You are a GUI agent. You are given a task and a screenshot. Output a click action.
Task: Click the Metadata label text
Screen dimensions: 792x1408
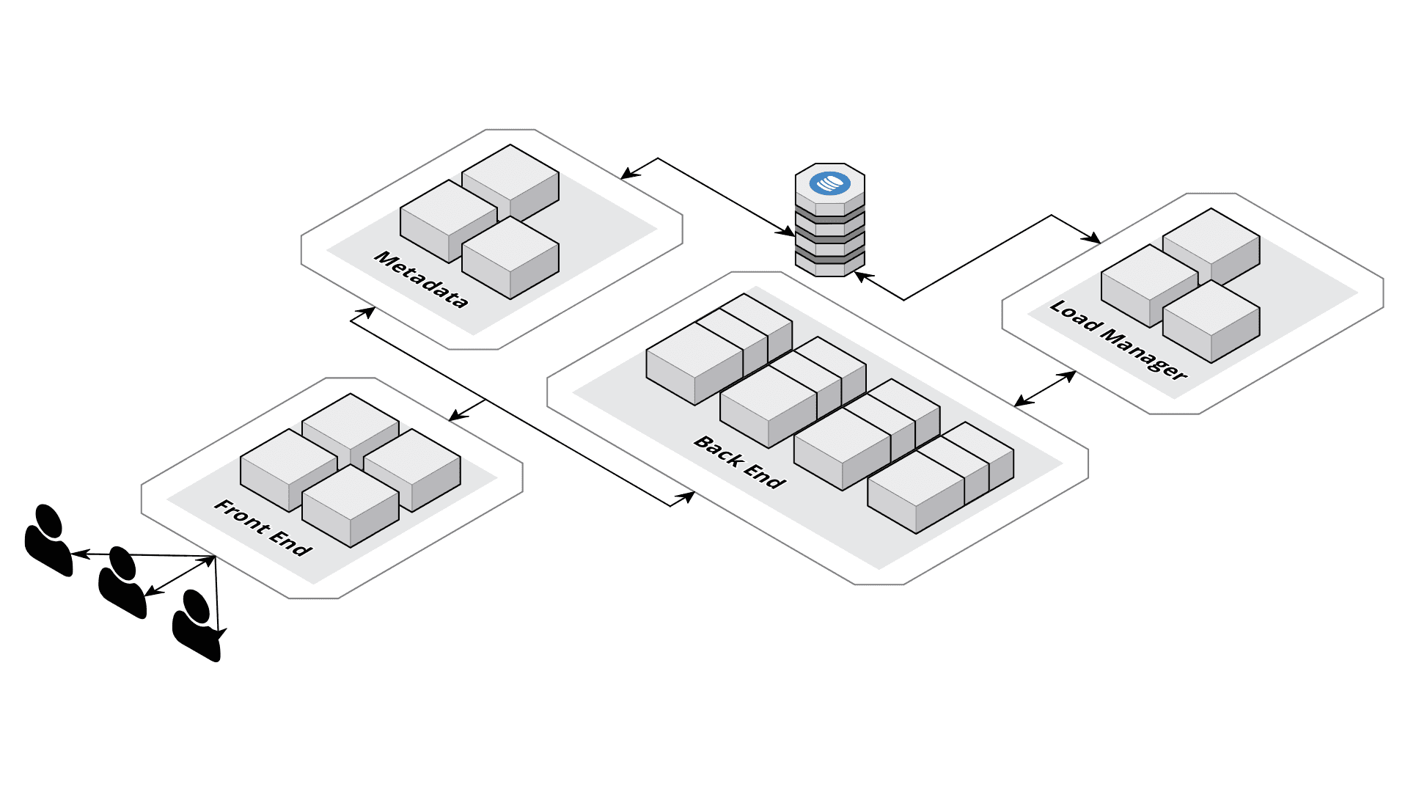point(421,279)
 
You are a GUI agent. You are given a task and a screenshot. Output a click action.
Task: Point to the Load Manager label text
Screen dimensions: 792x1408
point(1118,340)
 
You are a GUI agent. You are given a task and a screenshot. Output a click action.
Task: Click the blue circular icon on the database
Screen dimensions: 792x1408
point(829,183)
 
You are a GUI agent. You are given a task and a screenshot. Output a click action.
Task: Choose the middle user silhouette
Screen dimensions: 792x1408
point(122,583)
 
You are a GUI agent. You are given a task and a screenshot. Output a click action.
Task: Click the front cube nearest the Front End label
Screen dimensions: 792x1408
point(350,506)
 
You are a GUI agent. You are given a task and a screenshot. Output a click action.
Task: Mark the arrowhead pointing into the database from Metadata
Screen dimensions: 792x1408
point(787,232)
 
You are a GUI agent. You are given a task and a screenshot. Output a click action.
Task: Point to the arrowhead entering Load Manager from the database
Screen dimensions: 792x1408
point(1093,238)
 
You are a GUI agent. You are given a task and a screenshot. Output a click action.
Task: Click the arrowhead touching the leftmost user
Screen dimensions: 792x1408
point(77,554)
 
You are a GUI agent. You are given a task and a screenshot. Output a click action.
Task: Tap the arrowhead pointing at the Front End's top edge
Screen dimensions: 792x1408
point(456,416)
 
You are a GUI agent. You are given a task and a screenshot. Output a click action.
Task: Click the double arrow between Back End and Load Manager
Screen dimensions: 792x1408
point(1045,389)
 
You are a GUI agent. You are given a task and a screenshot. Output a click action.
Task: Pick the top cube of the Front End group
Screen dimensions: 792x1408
point(350,425)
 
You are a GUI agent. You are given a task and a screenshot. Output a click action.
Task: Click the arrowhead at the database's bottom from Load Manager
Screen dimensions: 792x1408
point(862,276)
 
